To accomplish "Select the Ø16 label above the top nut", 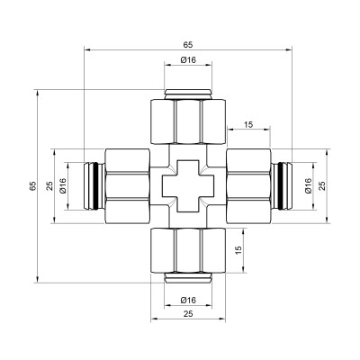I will pos(188,60).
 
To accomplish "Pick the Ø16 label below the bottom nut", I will pos(188,299).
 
